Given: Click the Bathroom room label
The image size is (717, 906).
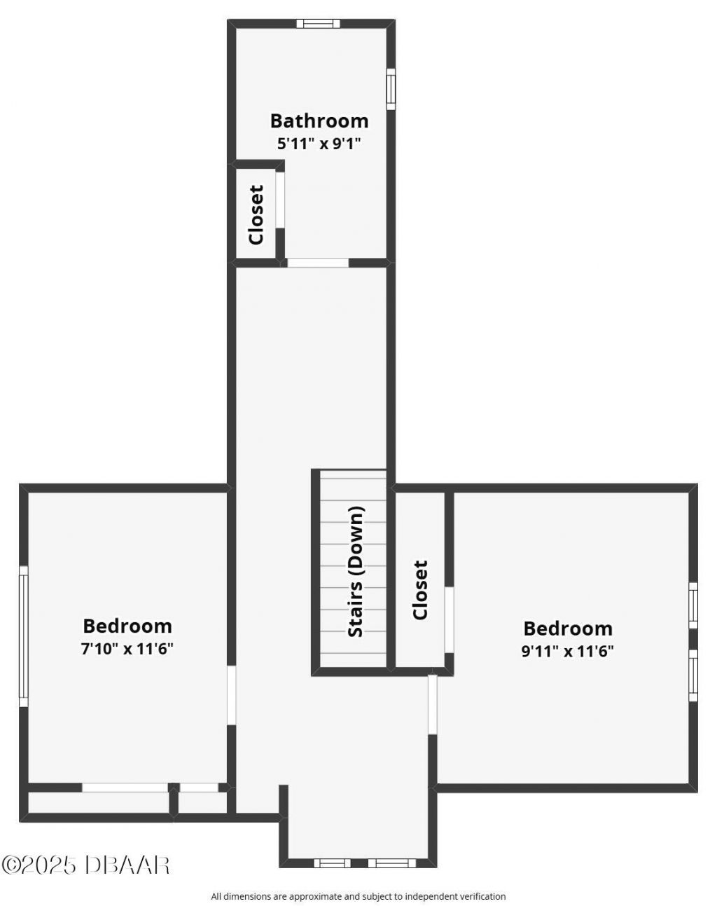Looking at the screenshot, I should tap(319, 121).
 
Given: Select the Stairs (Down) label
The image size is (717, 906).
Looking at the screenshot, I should tap(356, 571).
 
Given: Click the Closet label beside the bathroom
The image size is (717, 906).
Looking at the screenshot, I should tap(256, 214).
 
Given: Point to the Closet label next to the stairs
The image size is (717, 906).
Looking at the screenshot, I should tap(420, 589).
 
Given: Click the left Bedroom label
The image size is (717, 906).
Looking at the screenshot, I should tap(127, 626).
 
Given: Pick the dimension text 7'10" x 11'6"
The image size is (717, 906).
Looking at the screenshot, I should tap(127, 648).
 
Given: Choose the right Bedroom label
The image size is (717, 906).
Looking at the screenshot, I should tap(567, 629).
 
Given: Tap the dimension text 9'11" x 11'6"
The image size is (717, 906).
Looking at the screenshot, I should tap(567, 651).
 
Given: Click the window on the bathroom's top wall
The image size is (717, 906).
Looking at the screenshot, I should tap(318, 24).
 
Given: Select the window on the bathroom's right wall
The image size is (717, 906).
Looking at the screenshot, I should tap(391, 89).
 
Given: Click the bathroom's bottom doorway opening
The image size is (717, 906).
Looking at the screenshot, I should tap(318, 263).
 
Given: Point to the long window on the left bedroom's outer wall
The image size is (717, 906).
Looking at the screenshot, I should tap(23, 636).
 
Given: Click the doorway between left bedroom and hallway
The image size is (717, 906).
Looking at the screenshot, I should tap(231, 695).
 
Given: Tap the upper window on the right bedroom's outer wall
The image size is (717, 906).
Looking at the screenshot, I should tap(693, 605).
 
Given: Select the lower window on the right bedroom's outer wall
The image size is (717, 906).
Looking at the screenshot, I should tap(693, 675).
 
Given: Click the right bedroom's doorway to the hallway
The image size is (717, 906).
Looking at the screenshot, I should tap(433, 704).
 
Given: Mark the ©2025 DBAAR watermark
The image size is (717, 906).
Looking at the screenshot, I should tap(85, 864).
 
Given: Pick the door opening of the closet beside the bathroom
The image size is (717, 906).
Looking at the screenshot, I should tap(280, 199).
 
